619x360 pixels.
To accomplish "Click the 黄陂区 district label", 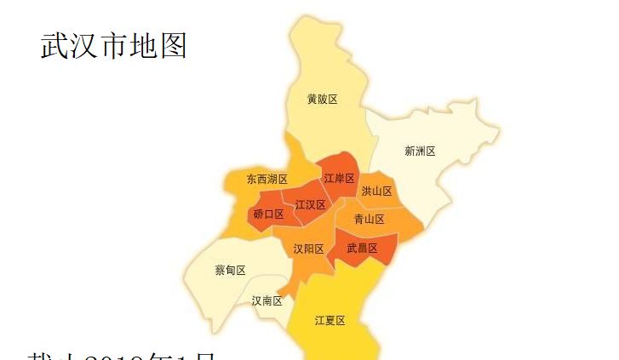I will pyautogui.click(x=323, y=100).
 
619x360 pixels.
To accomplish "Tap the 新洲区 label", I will pyautogui.click(x=420, y=151).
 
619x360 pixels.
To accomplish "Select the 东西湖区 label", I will pyautogui.click(x=267, y=180).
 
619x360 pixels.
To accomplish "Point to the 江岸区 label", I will pyautogui.click(x=339, y=179).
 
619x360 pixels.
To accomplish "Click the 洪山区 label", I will pyautogui.click(x=376, y=191).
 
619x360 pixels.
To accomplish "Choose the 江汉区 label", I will pyautogui.click(x=311, y=206).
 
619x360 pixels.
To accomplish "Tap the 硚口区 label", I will pyautogui.click(x=269, y=214).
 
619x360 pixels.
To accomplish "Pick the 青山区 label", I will pyautogui.click(x=370, y=220).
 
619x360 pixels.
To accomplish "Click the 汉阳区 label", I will pyautogui.click(x=308, y=249).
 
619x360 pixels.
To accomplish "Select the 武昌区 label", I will pyautogui.click(x=363, y=249).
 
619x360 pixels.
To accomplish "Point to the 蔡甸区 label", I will pyautogui.click(x=231, y=271).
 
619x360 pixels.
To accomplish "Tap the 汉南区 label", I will pyautogui.click(x=267, y=301).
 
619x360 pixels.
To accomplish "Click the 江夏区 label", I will pyautogui.click(x=330, y=321).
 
